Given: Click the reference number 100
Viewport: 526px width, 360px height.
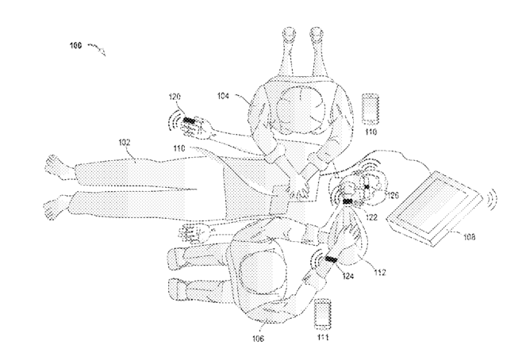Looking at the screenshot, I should [71, 47].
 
